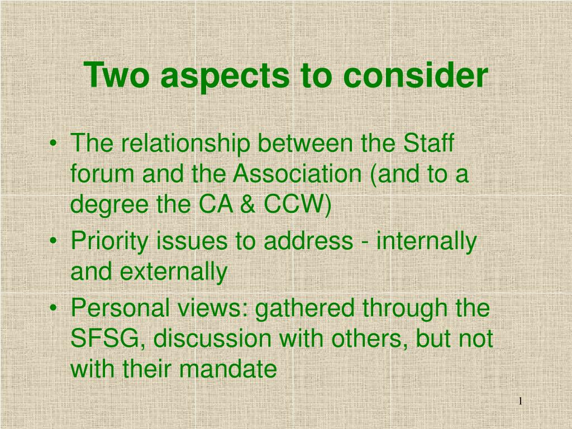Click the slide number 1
point(519,402)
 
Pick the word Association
point(297,175)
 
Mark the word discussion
point(202,339)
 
